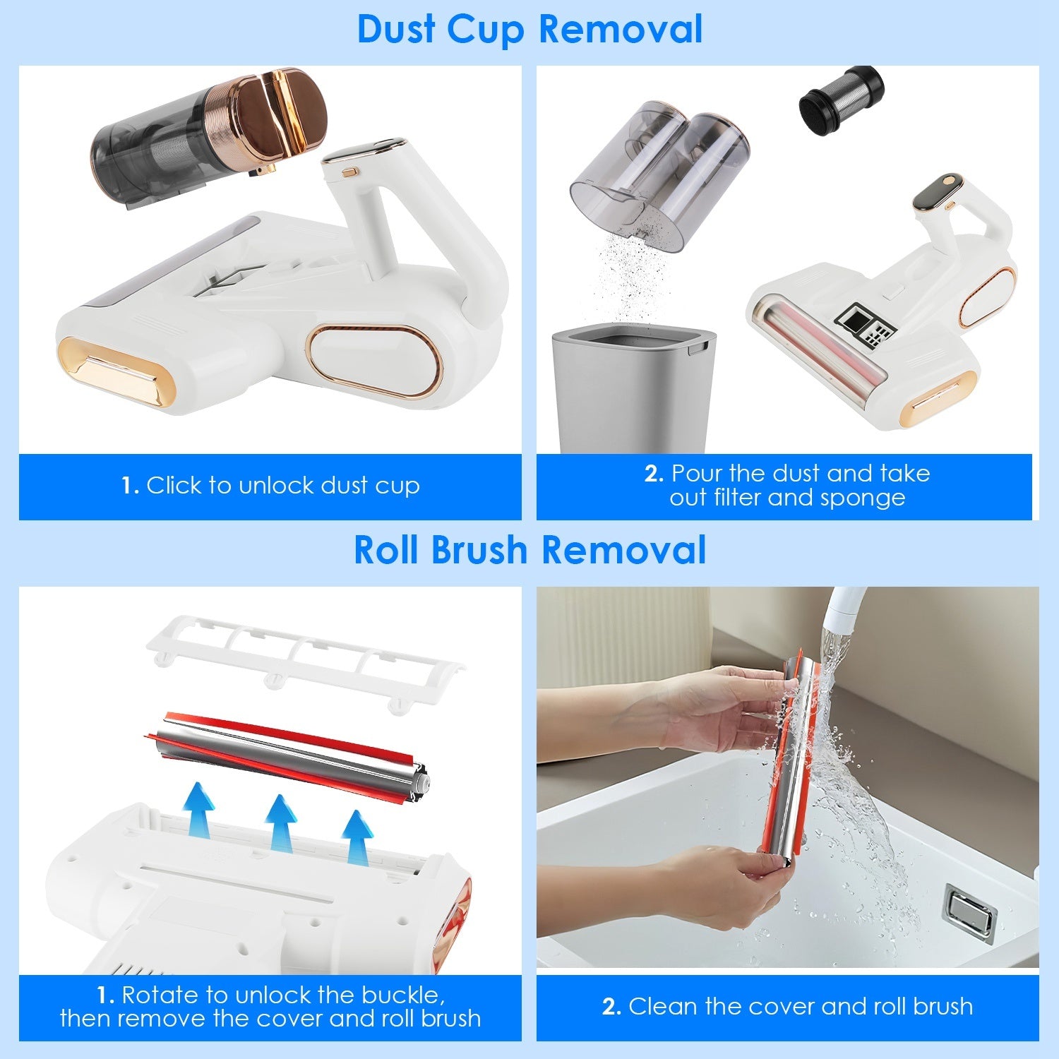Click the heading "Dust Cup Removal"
tap(529, 30)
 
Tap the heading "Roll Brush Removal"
tap(529, 550)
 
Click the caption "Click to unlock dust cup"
tap(282, 486)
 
